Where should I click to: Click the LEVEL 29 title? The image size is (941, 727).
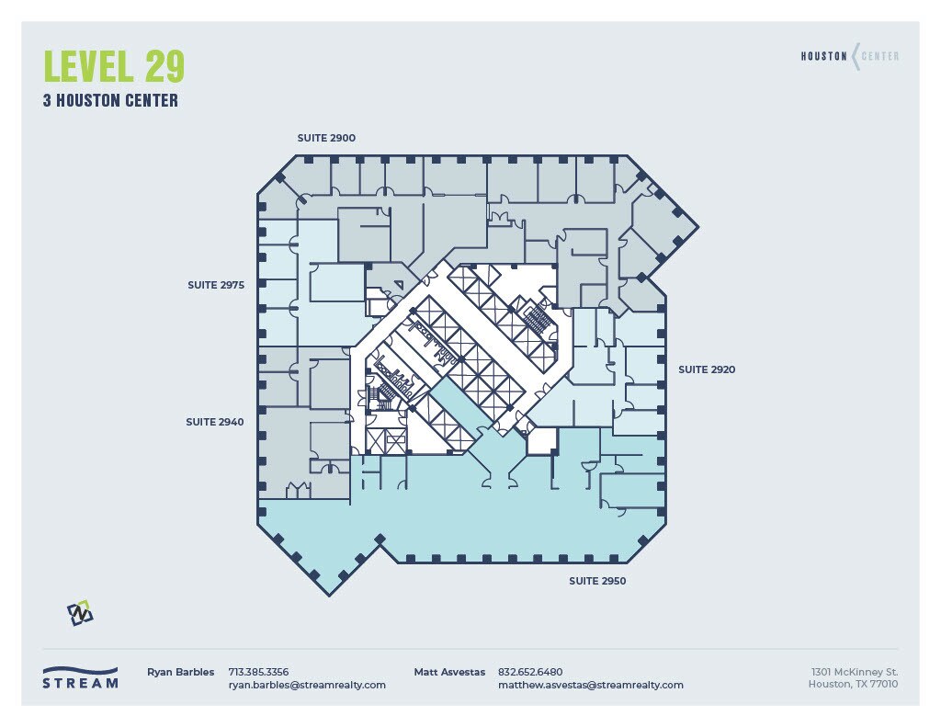pyautogui.click(x=114, y=67)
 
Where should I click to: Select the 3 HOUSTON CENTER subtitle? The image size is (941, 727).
pyautogui.click(x=110, y=101)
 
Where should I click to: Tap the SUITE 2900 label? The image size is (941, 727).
pyautogui.click(x=326, y=138)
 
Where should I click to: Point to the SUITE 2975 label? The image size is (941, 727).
pyautogui.click(x=216, y=286)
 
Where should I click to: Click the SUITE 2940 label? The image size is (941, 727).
pyautogui.click(x=215, y=422)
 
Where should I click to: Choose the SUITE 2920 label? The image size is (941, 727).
pyautogui.click(x=707, y=369)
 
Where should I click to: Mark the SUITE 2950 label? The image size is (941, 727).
pyautogui.click(x=597, y=581)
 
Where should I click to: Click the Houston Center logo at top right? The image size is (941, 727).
pyautogui.click(x=849, y=56)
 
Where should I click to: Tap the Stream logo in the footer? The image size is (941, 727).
pyautogui.click(x=80, y=677)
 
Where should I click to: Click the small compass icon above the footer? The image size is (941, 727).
pyautogui.click(x=81, y=613)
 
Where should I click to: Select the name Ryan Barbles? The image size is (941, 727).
pyautogui.click(x=181, y=672)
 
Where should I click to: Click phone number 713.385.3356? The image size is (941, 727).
pyautogui.click(x=258, y=672)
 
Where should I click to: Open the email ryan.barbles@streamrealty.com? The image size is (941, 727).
pyautogui.click(x=307, y=685)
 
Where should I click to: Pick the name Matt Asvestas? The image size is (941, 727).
pyautogui.click(x=449, y=672)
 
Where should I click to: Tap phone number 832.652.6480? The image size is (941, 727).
pyautogui.click(x=530, y=672)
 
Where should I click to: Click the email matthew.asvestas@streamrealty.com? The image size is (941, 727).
pyautogui.click(x=591, y=685)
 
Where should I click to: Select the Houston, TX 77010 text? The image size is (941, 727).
pyautogui.click(x=853, y=685)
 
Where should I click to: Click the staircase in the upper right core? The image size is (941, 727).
pyautogui.click(x=535, y=318)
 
